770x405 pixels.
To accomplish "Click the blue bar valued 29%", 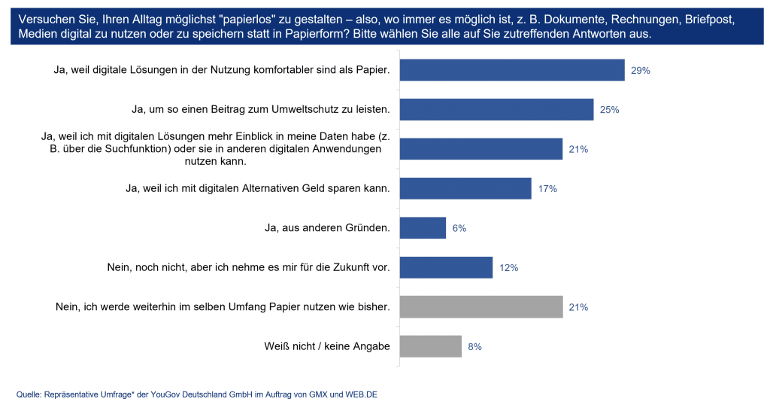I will [511, 70].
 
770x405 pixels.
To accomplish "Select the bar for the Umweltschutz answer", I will [496, 110].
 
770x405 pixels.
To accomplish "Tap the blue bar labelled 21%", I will [480, 149].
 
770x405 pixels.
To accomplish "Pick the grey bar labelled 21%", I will [480, 307].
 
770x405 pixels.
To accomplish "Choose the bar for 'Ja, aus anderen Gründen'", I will [423, 228].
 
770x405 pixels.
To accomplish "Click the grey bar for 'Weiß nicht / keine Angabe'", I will [430, 346].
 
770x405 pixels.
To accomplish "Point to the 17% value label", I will [547, 189].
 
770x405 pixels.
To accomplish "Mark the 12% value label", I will [509, 268].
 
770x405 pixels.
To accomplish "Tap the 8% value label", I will [474, 347].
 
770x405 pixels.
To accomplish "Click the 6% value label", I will [459, 228].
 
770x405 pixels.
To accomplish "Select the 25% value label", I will [609, 110].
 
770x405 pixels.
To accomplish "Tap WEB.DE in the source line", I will [360, 394].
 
